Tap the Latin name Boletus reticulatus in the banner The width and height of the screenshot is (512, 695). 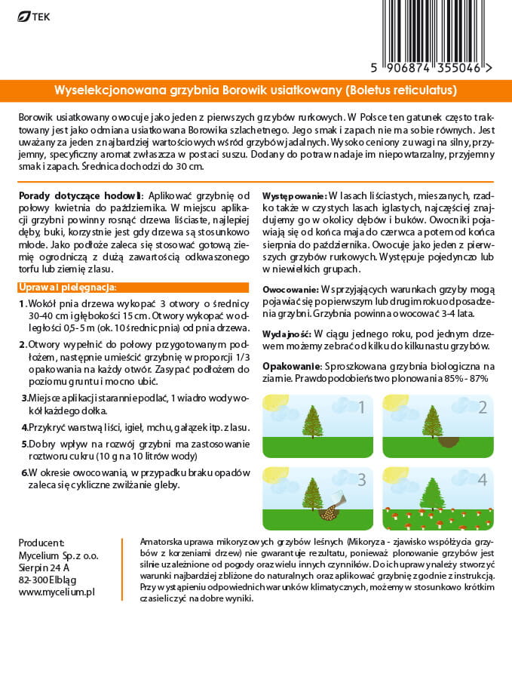coord(401,90)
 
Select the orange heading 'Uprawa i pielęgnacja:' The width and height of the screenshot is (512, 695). coord(67,288)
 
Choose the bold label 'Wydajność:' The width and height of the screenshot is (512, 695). coord(287,333)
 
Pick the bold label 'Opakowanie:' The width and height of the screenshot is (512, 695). coord(289,366)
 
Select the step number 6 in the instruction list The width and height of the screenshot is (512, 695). coord(24,472)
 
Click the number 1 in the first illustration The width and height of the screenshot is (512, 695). coord(361,408)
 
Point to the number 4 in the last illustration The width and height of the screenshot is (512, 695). coord(483,479)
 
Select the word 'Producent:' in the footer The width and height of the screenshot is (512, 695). coord(41,543)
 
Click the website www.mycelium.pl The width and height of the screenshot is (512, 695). coord(57,593)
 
